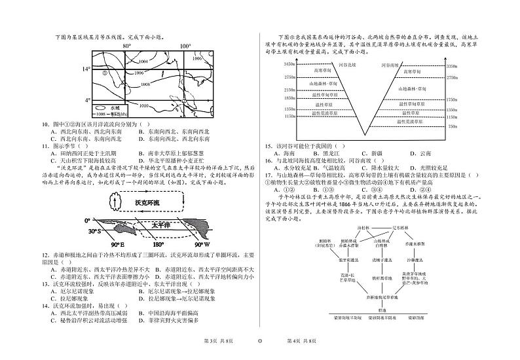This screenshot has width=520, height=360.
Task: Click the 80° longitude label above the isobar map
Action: (126, 46)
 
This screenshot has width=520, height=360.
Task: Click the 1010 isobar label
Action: (144, 105)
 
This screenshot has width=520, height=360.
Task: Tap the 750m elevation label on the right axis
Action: (450, 126)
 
